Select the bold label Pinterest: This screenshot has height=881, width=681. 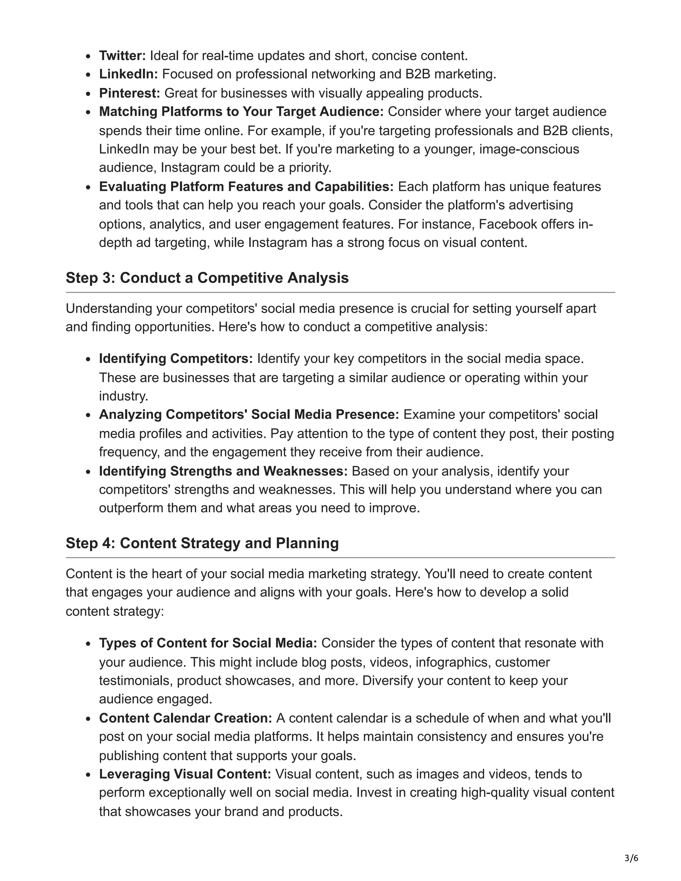pyautogui.click(x=129, y=93)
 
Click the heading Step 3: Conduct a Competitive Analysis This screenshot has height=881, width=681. pyautogui.click(x=207, y=278)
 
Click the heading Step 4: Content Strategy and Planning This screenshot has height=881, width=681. pyautogui.click(x=202, y=543)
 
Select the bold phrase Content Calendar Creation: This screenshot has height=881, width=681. pyautogui.click(x=186, y=718)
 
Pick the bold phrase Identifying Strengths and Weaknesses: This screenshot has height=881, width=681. pyautogui.click(x=223, y=471)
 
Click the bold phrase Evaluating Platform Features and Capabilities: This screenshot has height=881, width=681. pyautogui.click(x=246, y=187)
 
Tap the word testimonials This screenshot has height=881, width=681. pyautogui.click(x=136, y=681)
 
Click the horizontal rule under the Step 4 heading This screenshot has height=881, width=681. pyautogui.click(x=340, y=558)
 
